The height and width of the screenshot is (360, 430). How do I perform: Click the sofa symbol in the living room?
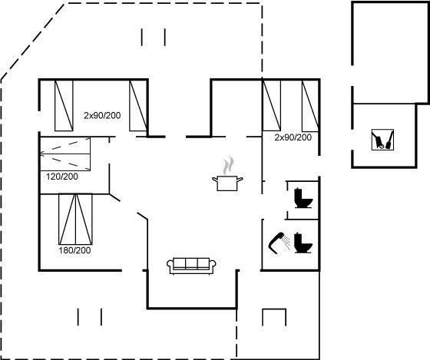[191, 266]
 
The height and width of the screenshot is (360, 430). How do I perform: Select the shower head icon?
[276, 243]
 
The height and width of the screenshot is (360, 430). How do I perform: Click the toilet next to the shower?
[303, 243]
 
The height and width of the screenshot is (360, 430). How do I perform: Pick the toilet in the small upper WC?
[303, 198]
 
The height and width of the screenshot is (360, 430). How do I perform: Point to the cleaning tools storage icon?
[382, 140]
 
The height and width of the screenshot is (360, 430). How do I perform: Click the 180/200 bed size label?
[74, 250]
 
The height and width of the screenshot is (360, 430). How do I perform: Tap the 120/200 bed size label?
[62, 177]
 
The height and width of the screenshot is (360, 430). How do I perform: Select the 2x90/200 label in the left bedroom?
[102, 115]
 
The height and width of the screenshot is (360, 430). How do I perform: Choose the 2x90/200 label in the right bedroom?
[293, 137]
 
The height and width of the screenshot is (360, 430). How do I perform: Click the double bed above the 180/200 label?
[76, 219]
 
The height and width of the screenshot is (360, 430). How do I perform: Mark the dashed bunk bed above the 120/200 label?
[65, 154]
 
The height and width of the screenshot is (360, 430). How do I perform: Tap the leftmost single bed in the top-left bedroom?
[64, 106]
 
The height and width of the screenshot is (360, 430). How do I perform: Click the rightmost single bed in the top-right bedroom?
[310, 106]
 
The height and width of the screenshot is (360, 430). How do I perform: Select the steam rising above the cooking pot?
[228, 166]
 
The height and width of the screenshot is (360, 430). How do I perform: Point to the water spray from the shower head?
[286, 242]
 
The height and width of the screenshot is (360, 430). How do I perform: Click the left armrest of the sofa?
[170, 266]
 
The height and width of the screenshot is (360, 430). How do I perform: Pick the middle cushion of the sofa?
[191, 263]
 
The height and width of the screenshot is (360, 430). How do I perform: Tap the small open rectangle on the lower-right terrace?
[274, 317]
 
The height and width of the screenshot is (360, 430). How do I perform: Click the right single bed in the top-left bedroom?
[139, 106]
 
